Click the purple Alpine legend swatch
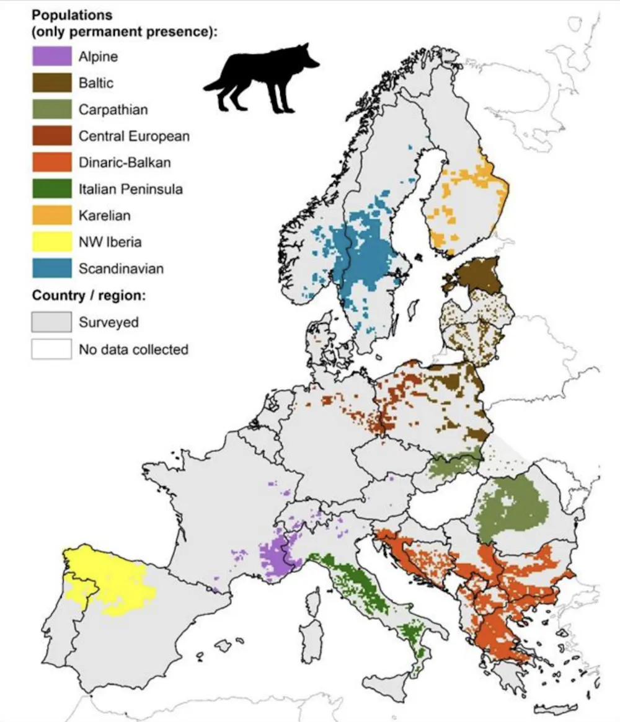pyautogui.click(x=51, y=56)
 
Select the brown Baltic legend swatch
pyautogui.click(x=51, y=83)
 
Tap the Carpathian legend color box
pyautogui.click(x=51, y=110)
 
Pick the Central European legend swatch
pyautogui.click(x=51, y=136)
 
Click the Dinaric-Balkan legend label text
pyautogui.click(x=125, y=163)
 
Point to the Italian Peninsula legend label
pyautogui.click(x=130, y=189)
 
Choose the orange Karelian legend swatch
pyautogui.click(x=51, y=216)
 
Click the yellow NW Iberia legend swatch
pyautogui.click(x=51, y=242)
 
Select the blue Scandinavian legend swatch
pyautogui.click(x=51, y=269)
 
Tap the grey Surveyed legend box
pyautogui.click(x=51, y=322)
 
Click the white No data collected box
pyautogui.click(x=51, y=349)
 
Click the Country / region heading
pyautogui.click(x=89, y=296)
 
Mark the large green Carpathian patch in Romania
pyautogui.click(x=511, y=505)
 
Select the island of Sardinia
pyautogui.click(x=312, y=626)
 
